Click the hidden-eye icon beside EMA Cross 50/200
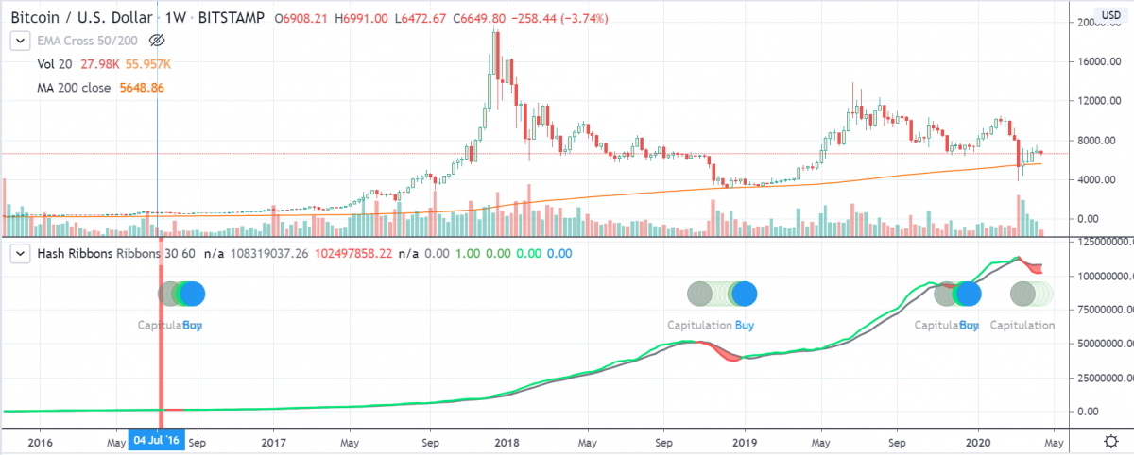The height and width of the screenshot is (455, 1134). click(x=157, y=41)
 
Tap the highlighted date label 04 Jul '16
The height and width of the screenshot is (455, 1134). click(x=156, y=441)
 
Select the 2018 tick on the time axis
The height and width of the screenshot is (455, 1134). click(x=508, y=441)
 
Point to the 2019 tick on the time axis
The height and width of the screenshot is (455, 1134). click(x=745, y=441)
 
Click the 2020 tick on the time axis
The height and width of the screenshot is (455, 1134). click(x=977, y=441)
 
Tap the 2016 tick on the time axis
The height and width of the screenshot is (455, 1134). click(x=40, y=441)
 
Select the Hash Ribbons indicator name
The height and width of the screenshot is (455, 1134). click(x=77, y=254)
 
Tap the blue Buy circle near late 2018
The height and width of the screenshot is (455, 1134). click(x=745, y=294)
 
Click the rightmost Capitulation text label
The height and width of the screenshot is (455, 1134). click(x=1022, y=325)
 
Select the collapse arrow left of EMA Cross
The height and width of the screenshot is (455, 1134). click(x=18, y=41)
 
